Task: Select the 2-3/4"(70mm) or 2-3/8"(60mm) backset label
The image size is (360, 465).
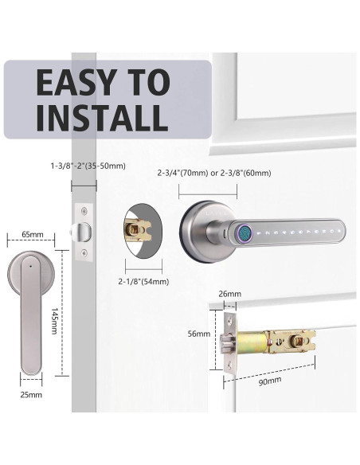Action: click(225, 173)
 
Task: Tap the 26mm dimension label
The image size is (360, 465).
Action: click(229, 294)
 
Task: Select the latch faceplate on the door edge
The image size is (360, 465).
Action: click(83, 232)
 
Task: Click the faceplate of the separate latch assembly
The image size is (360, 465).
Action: click(227, 343)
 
